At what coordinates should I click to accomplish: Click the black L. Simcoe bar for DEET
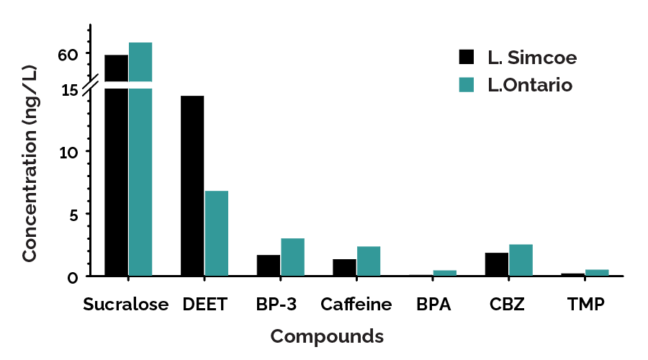pyautogui.click(x=192, y=186)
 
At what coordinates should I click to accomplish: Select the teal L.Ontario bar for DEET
pyautogui.click(x=217, y=233)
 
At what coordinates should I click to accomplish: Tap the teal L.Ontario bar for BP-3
pyautogui.click(x=292, y=257)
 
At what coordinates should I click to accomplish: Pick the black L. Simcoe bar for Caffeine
pyautogui.click(x=344, y=267)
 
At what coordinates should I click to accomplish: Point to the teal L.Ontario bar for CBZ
pyautogui.click(x=521, y=260)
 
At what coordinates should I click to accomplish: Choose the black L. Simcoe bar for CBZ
pyautogui.click(x=497, y=264)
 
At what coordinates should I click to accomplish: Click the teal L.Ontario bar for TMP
pyautogui.click(x=597, y=272)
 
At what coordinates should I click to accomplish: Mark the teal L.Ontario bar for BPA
pyautogui.click(x=444, y=273)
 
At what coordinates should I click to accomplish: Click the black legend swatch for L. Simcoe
pyautogui.click(x=467, y=57)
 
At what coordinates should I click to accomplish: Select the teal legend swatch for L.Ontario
pyautogui.click(x=467, y=85)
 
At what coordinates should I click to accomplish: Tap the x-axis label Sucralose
pyautogui.click(x=125, y=305)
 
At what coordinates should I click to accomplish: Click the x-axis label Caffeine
pyautogui.click(x=356, y=305)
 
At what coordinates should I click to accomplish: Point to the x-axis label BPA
pyautogui.click(x=433, y=305)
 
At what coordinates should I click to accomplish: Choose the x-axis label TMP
pyautogui.click(x=585, y=305)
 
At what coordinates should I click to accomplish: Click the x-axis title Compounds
pyautogui.click(x=327, y=336)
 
